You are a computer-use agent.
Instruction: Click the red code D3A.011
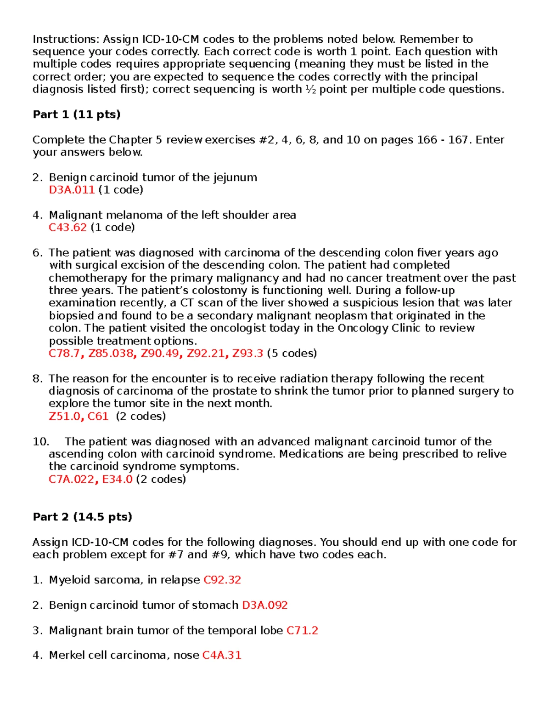click(x=72, y=190)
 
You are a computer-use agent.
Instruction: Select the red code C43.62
click(x=67, y=228)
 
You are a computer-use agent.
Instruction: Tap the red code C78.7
click(x=64, y=354)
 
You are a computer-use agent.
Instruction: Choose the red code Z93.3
click(x=247, y=354)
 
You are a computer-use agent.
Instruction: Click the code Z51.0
click(x=65, y=417)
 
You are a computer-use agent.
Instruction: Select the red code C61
click(x=98, y=417)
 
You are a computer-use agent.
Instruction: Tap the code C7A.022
click(x=72, y=480)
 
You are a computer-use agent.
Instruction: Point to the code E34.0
click(x=117, y=480)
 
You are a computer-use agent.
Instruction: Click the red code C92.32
click(x=222, y=580)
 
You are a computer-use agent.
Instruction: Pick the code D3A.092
click(x=265, y=605)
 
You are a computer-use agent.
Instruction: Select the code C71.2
click(x=302, y=630)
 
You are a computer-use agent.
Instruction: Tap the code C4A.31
click(x=222, y=656)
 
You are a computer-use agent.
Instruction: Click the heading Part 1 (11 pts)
click(x=76, y=114)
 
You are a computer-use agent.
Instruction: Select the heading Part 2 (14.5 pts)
click(x=82, y=517)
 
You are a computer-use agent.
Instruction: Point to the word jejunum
click(x=235, y=178)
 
